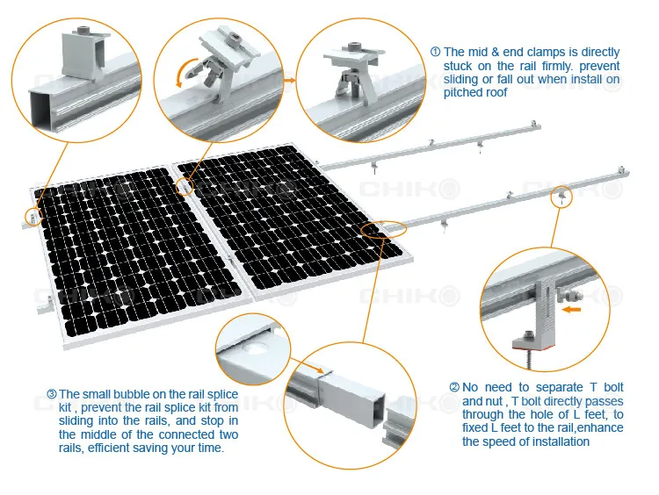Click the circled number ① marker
(436, 53)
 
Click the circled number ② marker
(454, 387)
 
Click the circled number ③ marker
(51, 394)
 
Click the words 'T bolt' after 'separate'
(614, 387)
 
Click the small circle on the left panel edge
(33, 216)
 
